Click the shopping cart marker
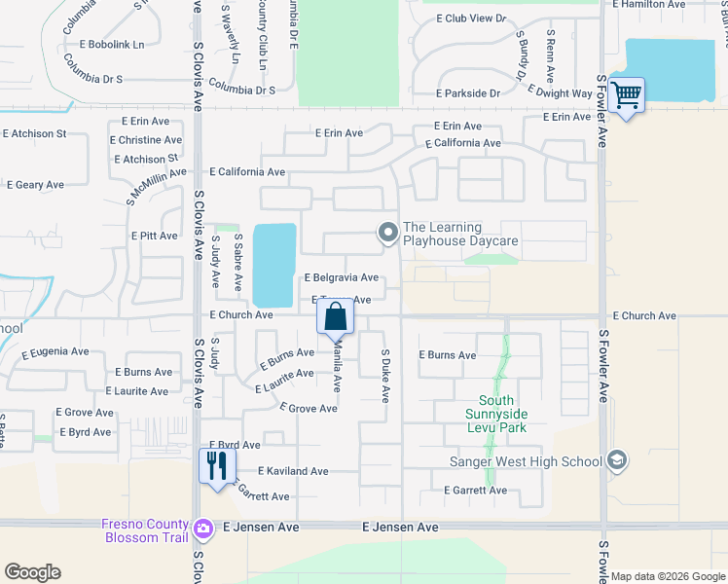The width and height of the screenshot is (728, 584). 628,95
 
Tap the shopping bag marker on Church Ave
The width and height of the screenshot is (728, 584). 335,317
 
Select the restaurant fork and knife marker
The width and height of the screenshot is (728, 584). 217,465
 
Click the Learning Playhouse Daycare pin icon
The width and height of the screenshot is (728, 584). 387,232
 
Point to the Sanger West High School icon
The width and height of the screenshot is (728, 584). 615,459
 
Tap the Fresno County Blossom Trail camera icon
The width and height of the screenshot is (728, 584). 203,529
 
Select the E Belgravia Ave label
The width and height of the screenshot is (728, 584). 342,278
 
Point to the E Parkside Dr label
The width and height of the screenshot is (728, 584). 468,93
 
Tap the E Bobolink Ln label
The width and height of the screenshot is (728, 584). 112,45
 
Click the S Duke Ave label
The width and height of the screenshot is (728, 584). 385,377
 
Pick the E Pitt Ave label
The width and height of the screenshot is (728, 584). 154,236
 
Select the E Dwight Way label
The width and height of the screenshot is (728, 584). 561,93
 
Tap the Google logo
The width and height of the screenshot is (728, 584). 32,572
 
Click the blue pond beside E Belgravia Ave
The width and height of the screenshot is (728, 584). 273,263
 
